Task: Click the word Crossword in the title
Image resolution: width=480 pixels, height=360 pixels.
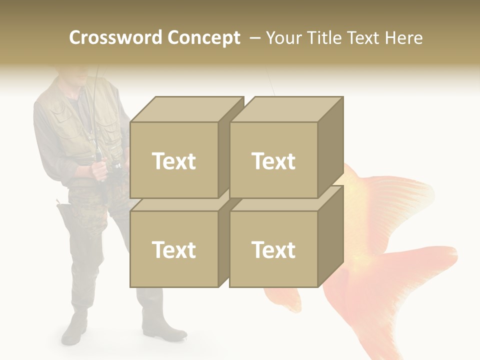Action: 115,38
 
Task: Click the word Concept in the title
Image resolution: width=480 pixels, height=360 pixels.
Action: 203,38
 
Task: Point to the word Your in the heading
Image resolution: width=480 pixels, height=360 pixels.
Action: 284,38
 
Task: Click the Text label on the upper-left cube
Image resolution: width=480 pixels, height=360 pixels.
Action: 173,161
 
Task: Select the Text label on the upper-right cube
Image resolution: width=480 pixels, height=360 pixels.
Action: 273,161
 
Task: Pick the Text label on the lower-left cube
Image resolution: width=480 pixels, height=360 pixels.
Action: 173,249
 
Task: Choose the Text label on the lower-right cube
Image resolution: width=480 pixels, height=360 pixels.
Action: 273,249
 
